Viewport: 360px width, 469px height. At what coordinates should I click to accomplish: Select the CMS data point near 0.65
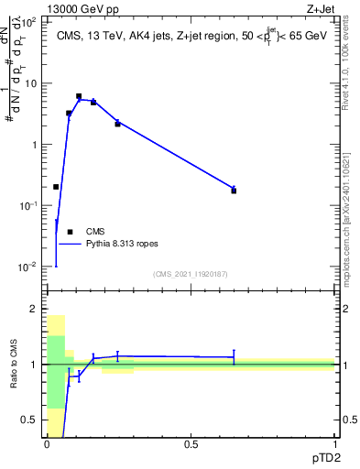click(x=234, y=191)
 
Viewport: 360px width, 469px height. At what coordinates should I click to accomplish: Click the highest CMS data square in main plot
click(x=79, y=96)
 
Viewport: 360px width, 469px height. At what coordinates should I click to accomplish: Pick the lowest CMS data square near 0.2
click(x=56, y=187)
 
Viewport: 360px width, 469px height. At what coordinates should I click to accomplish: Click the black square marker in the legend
click(x=70, y=232)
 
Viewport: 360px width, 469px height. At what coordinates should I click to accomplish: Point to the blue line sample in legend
click(x=70, y=245)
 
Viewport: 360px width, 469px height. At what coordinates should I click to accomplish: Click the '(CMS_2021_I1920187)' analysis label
click(x=190, y=274)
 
